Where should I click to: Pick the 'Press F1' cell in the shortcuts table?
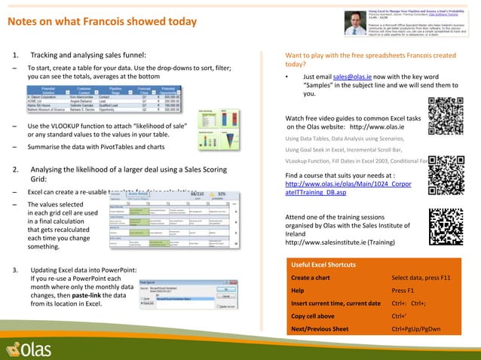point(403,290)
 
